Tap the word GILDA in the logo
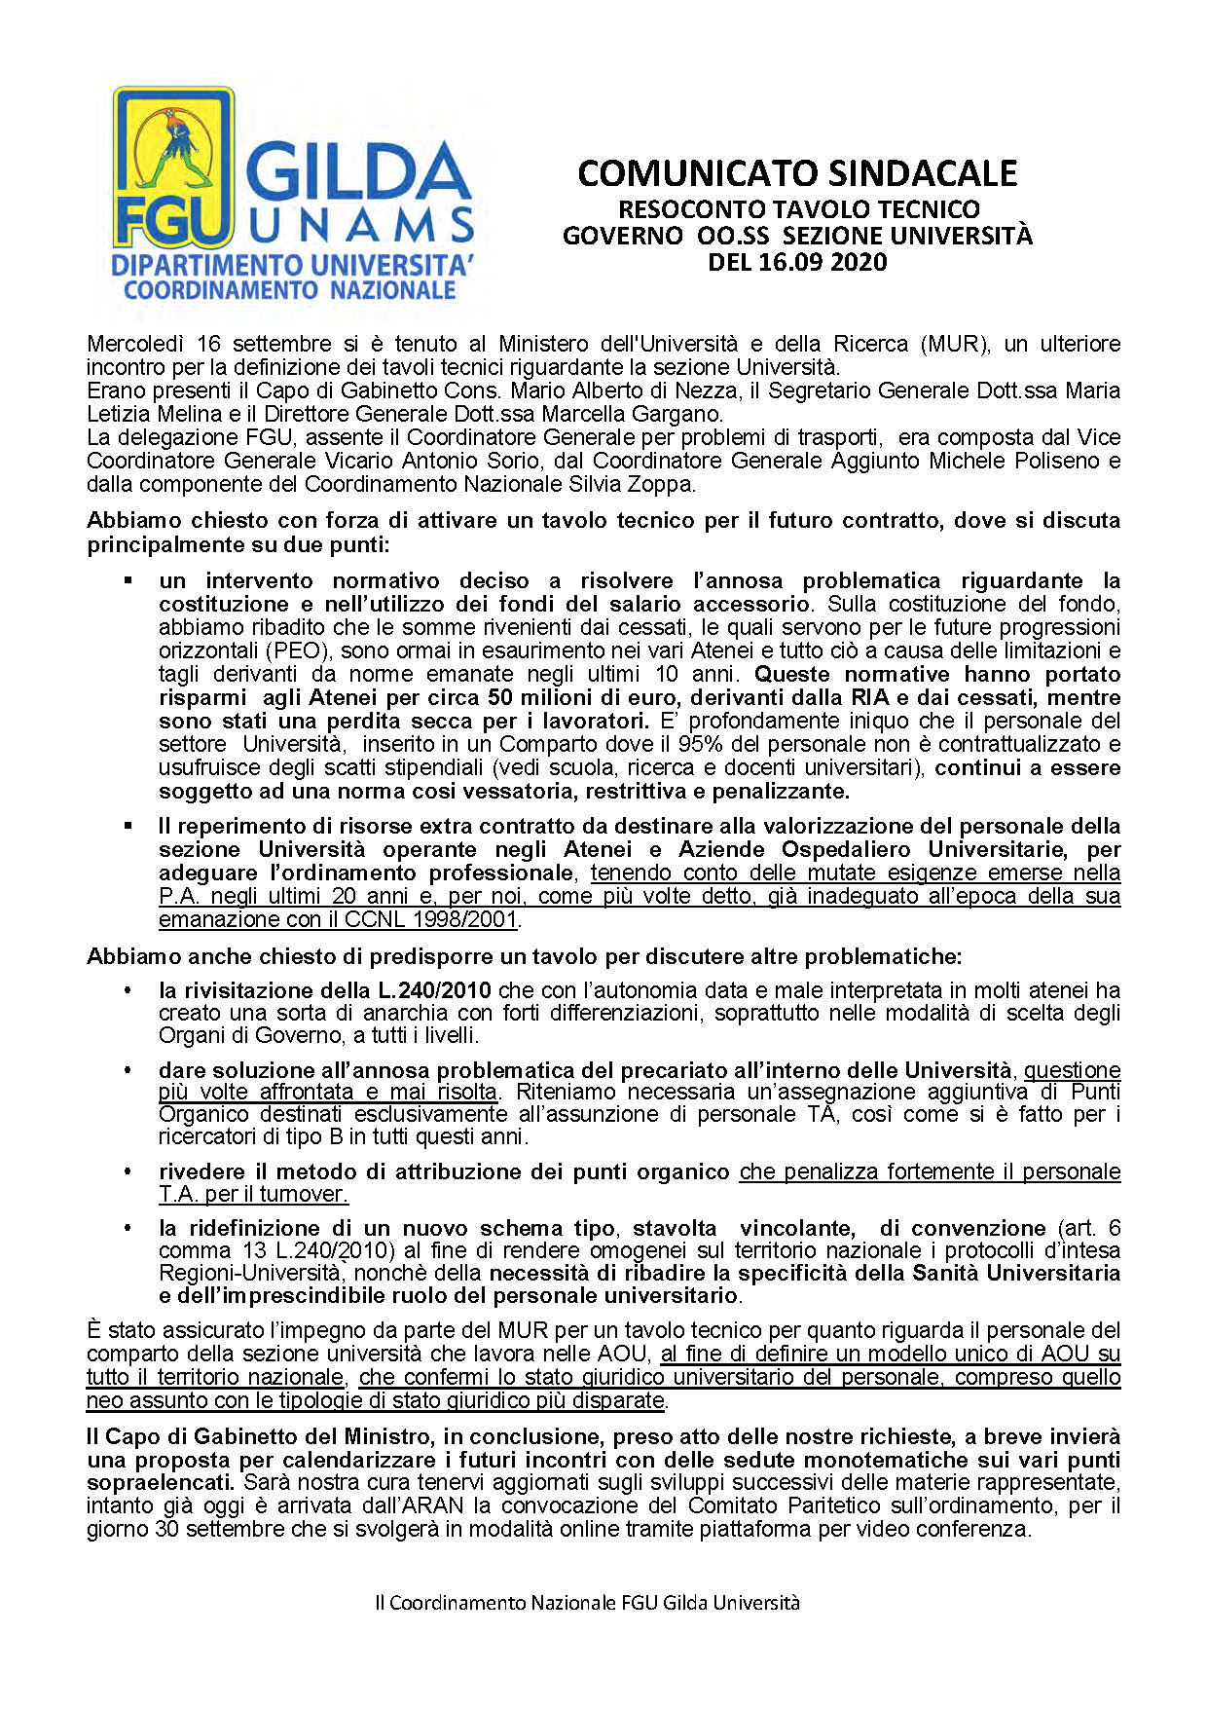[x=357, y=173]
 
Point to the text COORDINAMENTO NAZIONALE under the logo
[x=290, y=290]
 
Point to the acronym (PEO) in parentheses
[x=291, y=650]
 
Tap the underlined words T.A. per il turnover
[x=253, y=1194]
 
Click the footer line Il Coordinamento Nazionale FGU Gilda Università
[x=587, y=1603]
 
